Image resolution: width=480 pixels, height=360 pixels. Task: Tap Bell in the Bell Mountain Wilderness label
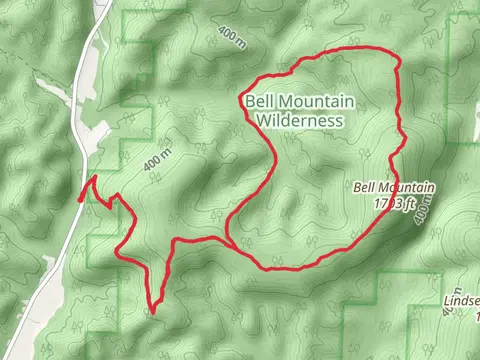click(x=256, y=100)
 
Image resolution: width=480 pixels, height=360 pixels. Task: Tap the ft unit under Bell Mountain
click(x=406, y=203)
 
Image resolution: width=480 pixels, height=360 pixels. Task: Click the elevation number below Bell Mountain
click(x=386, y=203)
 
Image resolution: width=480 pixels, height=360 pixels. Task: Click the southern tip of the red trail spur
click(x=153, y=309)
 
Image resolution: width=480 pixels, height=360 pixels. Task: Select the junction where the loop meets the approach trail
click(x=231, y=243)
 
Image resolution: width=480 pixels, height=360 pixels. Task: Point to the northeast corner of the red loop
click(x=397, y=60)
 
